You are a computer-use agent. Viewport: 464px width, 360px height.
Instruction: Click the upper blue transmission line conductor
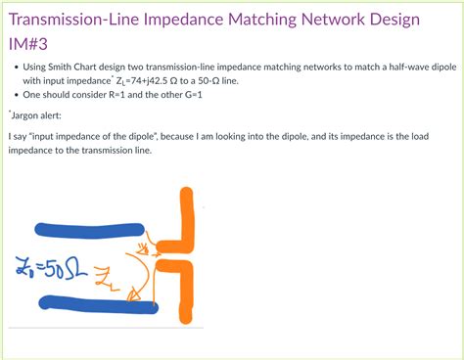(x=88, y=231)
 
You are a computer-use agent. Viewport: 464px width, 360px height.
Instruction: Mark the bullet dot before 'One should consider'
(x=14, y=96)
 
